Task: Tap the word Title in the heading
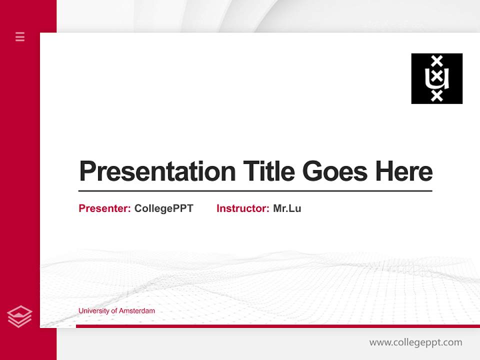[269, 171]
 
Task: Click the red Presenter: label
[104, 208]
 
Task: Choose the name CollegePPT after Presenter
[163, 208]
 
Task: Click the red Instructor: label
[242, 208]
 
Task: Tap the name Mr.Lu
[287, 208]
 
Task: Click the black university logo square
[436, 78]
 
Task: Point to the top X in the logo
[437, 61]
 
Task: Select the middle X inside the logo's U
[437, 77]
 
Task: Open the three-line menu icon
[20, 36]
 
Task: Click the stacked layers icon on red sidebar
[19, 316]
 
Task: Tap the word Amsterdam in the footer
[137, 311]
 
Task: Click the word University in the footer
[94, 311]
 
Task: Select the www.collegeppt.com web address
[415, 342]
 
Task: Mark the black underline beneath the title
[255, 191]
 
